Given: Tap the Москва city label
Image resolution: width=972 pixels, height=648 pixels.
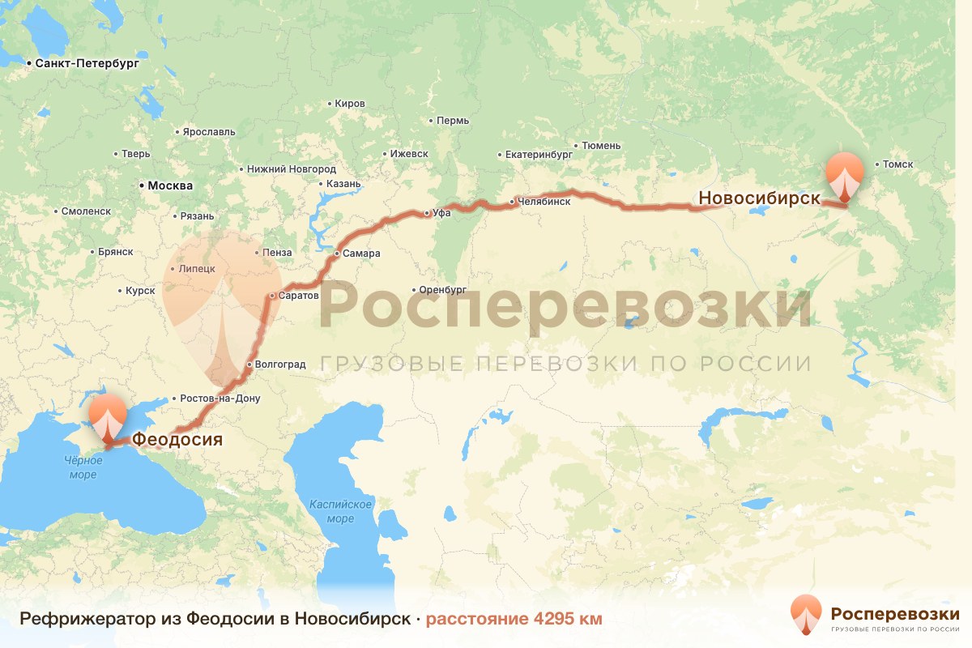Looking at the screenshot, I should [x=170, y=185].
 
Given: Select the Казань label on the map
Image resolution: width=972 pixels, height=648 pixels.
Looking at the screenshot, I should [x=344, y=184].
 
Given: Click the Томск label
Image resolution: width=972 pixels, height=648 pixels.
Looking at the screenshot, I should [x=897, y=164].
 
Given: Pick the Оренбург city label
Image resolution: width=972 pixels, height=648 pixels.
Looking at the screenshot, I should [x=445, y=289].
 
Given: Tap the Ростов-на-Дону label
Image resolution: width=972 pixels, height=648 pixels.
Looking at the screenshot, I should [x=220, y=399].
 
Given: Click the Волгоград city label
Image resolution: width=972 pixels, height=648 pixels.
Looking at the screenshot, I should [x=279, y=364].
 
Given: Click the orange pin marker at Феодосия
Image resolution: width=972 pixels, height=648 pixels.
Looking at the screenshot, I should [x=106, y=417].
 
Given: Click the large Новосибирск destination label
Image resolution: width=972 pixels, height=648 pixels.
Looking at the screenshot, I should [x=760, y=198].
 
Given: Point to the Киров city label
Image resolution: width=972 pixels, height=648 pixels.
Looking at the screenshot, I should [x=349, y=104].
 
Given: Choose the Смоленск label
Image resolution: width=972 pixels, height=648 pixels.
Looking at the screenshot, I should [x=85, y=211].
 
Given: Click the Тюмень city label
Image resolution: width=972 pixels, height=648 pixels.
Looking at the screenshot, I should [x=601, y=146].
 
